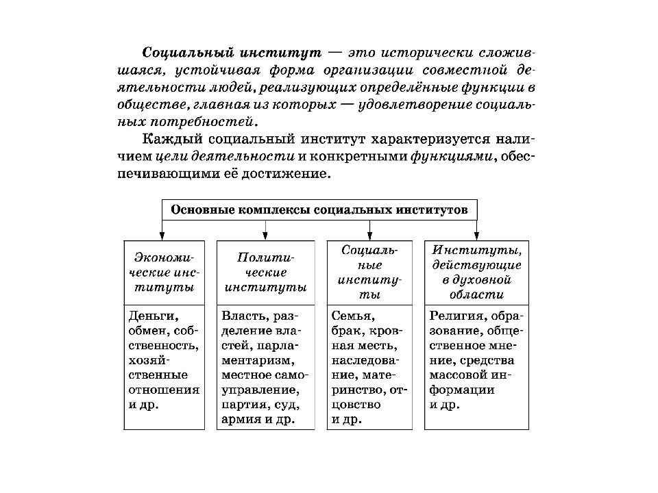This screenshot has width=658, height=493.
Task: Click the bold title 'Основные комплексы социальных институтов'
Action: coord(319,210)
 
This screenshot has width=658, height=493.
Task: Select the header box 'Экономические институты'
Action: coord(164,273)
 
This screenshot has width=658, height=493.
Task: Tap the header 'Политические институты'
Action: coord(266,273)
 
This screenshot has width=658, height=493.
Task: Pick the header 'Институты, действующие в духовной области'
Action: coord(477,273)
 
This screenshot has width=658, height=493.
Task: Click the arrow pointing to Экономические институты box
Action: coord(162,230)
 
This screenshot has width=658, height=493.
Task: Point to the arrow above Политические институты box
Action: coord(265,230)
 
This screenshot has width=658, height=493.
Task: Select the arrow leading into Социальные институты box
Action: coord(369,230)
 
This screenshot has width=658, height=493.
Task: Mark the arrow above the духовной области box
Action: coord(477,230)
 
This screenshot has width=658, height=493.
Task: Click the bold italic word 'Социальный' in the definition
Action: coord(188,53)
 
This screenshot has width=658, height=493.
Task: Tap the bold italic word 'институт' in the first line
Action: coord(281,53)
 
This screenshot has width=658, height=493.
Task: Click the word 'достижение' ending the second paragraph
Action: coord(287,173)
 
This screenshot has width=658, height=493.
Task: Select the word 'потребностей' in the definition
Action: coord(204,122)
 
